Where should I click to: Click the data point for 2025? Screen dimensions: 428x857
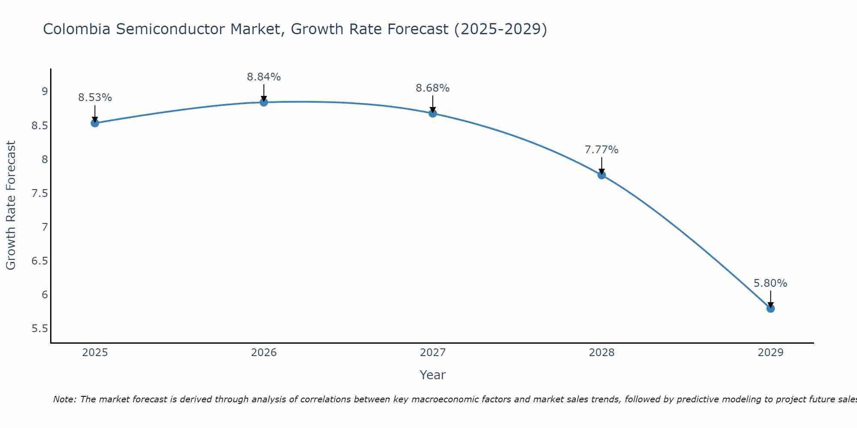(95, 123)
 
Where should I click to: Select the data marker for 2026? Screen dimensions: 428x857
(264, 102)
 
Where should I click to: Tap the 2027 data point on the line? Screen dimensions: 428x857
(433, 113)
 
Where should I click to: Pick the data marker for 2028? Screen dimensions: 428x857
(602, 175)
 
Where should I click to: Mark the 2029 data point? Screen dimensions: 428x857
(770, 309)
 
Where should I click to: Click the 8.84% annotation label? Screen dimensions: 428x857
(264, 77)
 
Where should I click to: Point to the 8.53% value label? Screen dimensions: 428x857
(95, 98)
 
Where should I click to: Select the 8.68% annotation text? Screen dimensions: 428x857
(433, 88)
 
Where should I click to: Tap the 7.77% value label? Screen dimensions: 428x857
(602, 150)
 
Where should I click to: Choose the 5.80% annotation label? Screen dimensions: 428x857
(770, 283)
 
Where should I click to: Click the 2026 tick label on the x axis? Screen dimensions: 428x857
(264, 353)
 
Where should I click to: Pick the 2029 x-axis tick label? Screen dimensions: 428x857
(770, 353)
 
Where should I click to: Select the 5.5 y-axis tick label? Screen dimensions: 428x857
(39, 329)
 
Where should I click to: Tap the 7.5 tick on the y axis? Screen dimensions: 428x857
(39, 193)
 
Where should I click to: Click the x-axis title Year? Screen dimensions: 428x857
(433, 375)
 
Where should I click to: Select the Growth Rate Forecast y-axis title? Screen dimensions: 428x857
(11, 205)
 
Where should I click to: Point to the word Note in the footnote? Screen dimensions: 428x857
(64, 399)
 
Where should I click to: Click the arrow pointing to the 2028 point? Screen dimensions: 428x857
(602, 165)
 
